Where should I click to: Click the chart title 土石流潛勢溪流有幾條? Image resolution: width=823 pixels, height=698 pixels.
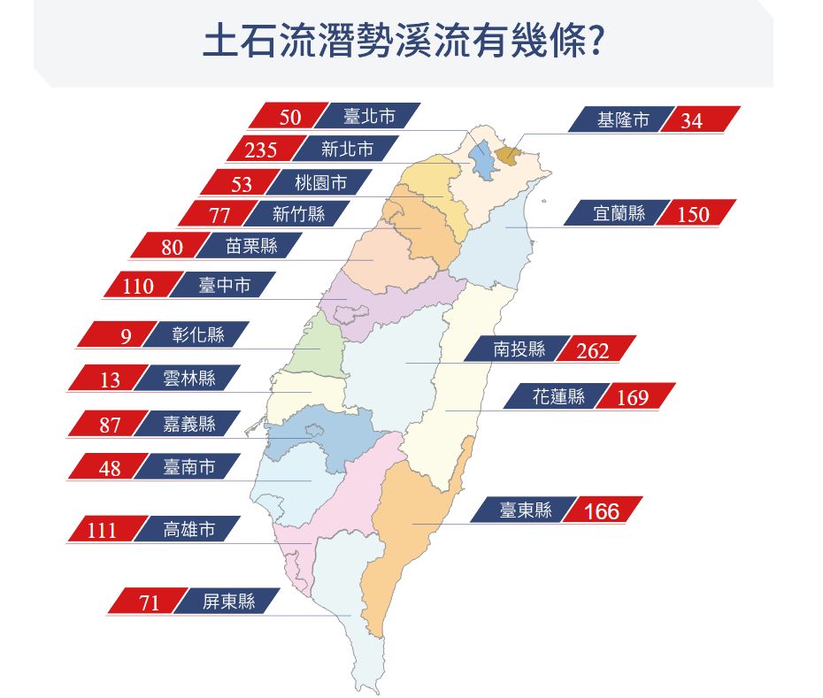pos(404,42)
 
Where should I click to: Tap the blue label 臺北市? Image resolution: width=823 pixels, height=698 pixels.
pos(369,116)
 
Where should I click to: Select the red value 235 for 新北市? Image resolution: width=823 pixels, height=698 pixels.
pos(261,150)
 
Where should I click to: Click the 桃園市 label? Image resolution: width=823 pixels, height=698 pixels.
pos(320,183)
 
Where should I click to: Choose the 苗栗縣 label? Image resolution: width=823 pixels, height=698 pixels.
pos(251,246)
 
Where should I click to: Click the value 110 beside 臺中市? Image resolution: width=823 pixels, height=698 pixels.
pos(139,287)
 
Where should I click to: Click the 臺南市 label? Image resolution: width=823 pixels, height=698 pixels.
pos(188,466)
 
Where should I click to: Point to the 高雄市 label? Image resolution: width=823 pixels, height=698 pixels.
pos(188,530)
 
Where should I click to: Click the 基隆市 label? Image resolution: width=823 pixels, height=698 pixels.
pos(623,119)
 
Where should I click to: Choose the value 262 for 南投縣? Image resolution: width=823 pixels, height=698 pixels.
pos(592,351)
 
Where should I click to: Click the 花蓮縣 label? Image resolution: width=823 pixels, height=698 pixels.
pos(558,397)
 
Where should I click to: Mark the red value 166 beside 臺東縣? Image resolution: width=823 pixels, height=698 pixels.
pos(601,511)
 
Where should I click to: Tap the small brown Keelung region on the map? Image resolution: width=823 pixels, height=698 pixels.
pos(506,156)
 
